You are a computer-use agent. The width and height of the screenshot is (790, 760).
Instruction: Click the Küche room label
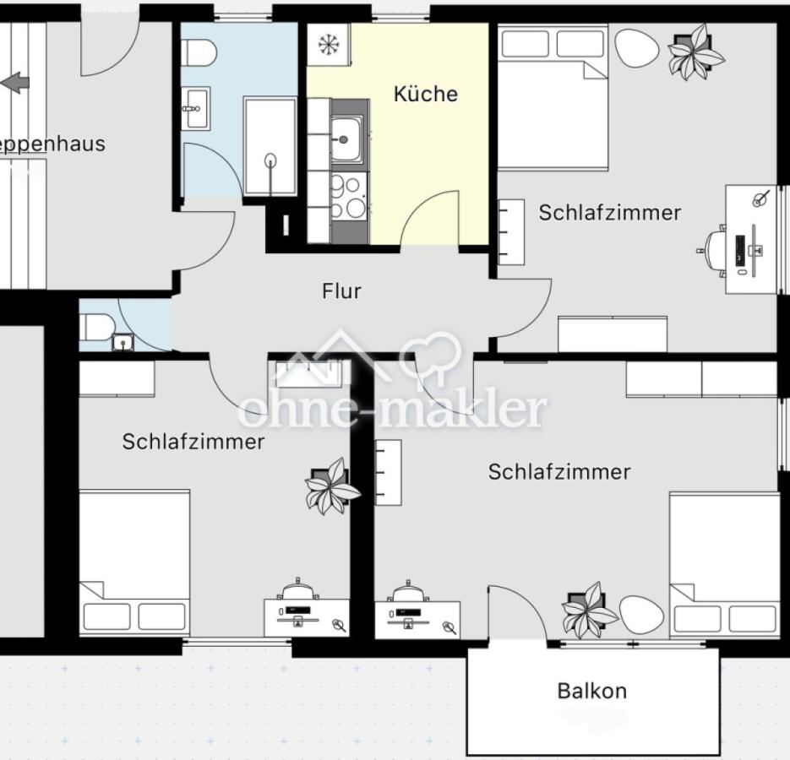pyautogui.click(x=425, y=94)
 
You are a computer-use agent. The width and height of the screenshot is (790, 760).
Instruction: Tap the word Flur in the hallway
pyautogui.click(x=341, y=291)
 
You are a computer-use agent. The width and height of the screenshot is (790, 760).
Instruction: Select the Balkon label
pyautogui.click(x=591, y=691)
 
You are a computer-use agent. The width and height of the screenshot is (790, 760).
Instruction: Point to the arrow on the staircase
pyautogui.click(x=15, y=83)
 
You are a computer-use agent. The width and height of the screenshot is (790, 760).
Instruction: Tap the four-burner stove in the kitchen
pyautogui.click(x=349, y=197)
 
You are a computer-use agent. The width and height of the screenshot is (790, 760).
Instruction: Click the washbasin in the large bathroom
pyautogui.click(x=194, y=108)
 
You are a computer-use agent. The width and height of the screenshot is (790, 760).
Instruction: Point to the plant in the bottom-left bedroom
pyautogui.click(x=331, y=486)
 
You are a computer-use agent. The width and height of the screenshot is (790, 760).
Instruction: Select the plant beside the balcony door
pyautogui.click(x=589, y=610)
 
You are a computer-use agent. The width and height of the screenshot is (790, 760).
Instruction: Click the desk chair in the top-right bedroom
pyautogui.click(x=714, y=250)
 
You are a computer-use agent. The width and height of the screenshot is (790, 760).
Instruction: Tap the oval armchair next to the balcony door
pyautogui.click(x=641, y=615)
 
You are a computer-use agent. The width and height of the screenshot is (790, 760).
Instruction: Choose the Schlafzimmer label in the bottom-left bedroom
pyautogui.click(x=193, y=442)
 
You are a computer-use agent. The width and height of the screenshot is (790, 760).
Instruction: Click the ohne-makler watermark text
pyautogui.click(x=392, y=410)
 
